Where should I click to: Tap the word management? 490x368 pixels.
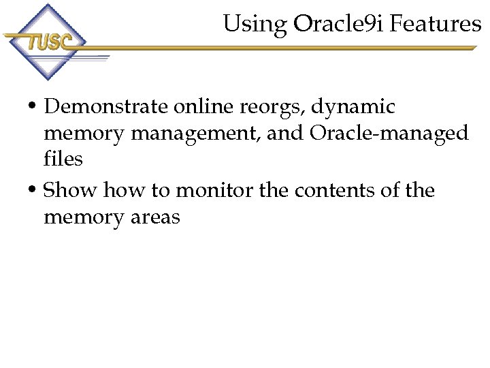pyautogui.click(x=195, y=134)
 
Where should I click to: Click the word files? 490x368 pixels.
pyautogui.click(x=63, y=159)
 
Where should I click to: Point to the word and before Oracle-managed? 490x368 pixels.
pyautogui.click(x=285, y=134)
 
